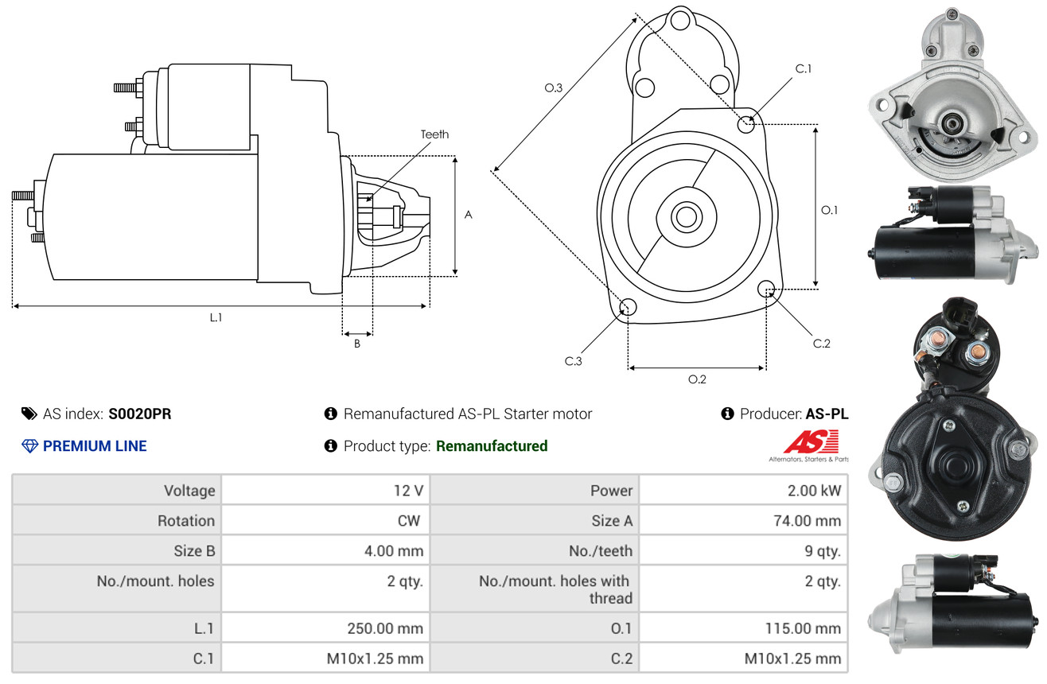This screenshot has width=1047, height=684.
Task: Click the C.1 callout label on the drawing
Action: (804, 68)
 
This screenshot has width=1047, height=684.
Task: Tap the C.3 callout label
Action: (573, 361)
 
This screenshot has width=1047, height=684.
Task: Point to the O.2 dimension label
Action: (697, 379)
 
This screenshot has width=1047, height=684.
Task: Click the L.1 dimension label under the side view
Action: (216, 317)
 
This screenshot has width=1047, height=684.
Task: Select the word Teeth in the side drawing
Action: (434, 134)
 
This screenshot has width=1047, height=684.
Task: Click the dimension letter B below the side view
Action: (357, 344)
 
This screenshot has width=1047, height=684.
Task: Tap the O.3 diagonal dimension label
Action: (554, 87)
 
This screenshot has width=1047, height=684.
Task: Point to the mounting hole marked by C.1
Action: (746, 124)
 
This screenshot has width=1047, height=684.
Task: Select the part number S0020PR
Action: (140, 414)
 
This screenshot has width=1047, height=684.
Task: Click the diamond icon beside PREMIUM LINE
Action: (30, 446)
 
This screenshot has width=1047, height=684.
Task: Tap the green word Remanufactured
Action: (492, 446)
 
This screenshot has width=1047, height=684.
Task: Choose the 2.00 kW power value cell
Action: (744, 490)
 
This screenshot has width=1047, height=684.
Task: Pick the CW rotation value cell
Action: (325, 520)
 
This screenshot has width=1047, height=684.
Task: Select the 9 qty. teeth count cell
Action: (744, 551)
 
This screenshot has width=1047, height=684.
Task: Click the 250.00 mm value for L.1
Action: (385, 628)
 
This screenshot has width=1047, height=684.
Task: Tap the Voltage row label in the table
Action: (189, 491)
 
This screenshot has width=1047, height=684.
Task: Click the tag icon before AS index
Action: (29, 414)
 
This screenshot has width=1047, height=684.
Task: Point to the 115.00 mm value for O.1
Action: (803, 628)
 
